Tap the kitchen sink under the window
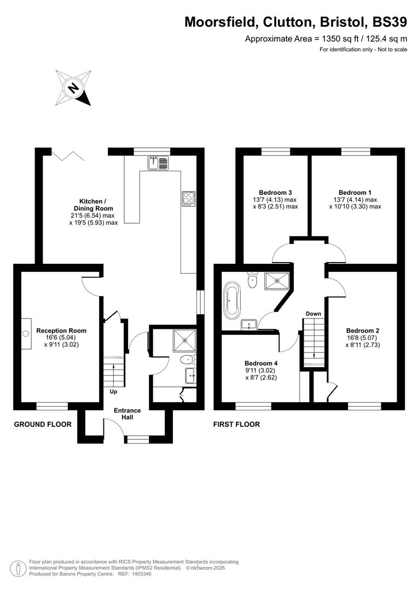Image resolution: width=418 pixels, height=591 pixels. [159, 163]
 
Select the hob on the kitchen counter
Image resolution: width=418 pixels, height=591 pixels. [189, 198]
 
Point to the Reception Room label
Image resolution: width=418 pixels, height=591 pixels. [61, 331]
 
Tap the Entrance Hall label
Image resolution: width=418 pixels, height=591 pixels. [127, 414]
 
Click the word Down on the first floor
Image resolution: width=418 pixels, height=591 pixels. [313, 314]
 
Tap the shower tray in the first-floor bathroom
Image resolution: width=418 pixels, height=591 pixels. [277, 281]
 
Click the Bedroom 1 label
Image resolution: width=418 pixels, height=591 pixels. [355, 193]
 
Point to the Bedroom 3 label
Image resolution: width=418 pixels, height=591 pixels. [275, 193]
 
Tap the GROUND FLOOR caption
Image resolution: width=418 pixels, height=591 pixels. [43, 424]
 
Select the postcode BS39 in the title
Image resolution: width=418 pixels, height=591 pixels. [389, 22]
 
